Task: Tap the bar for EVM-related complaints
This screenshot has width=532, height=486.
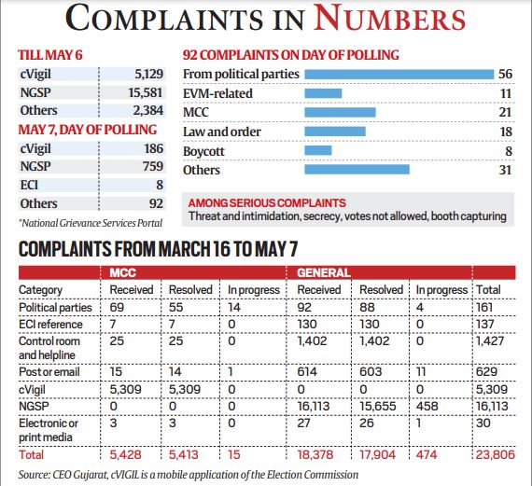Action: click(324, 93)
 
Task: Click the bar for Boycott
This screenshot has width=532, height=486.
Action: click(319, 150)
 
